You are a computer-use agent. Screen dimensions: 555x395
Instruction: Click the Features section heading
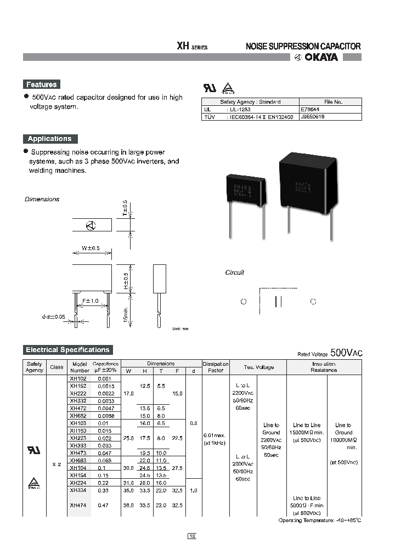tap(41, 84)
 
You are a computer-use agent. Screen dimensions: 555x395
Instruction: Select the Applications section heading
tap(50, 139)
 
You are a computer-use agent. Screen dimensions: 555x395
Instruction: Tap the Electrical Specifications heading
tap(67, 349)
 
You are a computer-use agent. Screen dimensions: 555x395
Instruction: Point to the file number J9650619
tap(313, 117)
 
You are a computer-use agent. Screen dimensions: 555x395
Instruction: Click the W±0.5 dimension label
tap(91, 248)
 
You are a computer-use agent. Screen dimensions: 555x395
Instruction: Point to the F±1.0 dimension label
tap(90, 301)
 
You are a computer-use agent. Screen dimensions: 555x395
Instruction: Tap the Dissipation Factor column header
tap(215, 367)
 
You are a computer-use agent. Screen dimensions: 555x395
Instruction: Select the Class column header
tap(57, 367)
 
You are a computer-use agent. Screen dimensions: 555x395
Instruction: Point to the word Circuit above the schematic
tap(234, 273)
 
